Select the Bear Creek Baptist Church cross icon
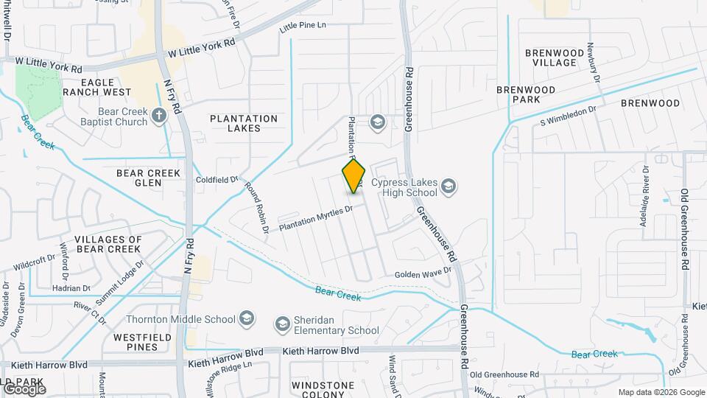(159, 115)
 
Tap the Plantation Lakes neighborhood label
(244, 123)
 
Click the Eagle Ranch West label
(96, 87)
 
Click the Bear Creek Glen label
(148, 178)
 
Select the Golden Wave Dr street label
(423, 273)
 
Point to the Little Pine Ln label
(302, 27)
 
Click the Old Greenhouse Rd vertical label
(684, 228)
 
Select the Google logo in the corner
(24, 389)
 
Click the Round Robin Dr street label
(257, 207)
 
